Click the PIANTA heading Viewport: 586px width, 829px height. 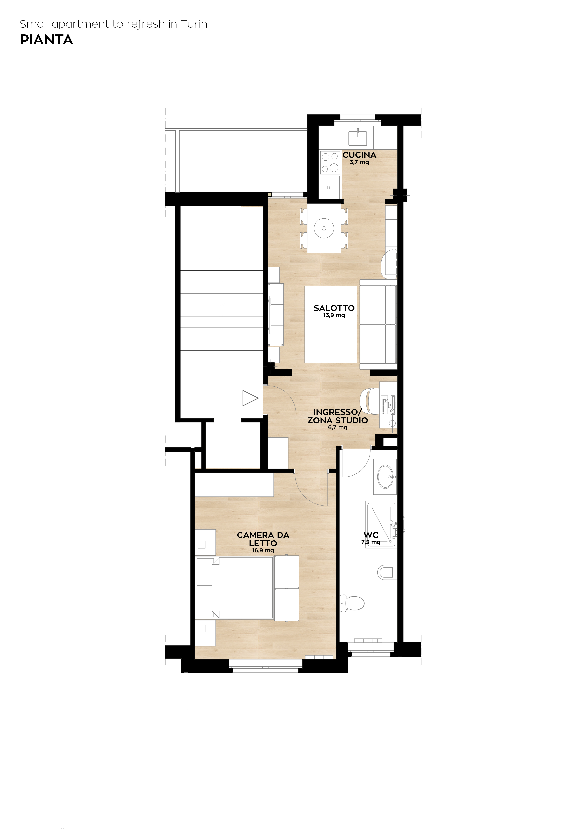pos(46,40)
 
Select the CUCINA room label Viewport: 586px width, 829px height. pos(359,155)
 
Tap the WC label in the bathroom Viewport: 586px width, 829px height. pos(371,535)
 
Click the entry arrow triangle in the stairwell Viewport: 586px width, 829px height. pos(250,398)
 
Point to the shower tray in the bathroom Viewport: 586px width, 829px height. pos(381,524)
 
